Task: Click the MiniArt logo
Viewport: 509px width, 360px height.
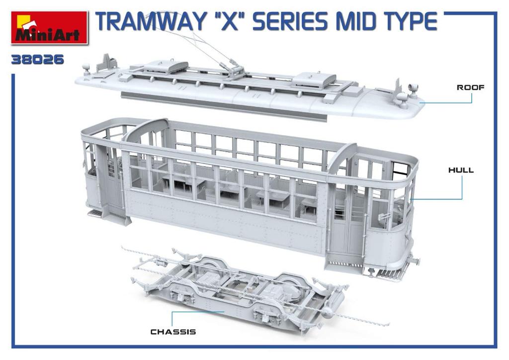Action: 48,28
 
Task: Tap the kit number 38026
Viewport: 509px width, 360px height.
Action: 38,60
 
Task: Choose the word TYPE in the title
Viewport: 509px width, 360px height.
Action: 412,21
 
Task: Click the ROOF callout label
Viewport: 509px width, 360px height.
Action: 470,88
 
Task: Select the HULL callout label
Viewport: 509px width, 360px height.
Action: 461,170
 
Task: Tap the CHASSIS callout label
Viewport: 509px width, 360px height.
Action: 173,332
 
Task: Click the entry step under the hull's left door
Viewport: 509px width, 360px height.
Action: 95,213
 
